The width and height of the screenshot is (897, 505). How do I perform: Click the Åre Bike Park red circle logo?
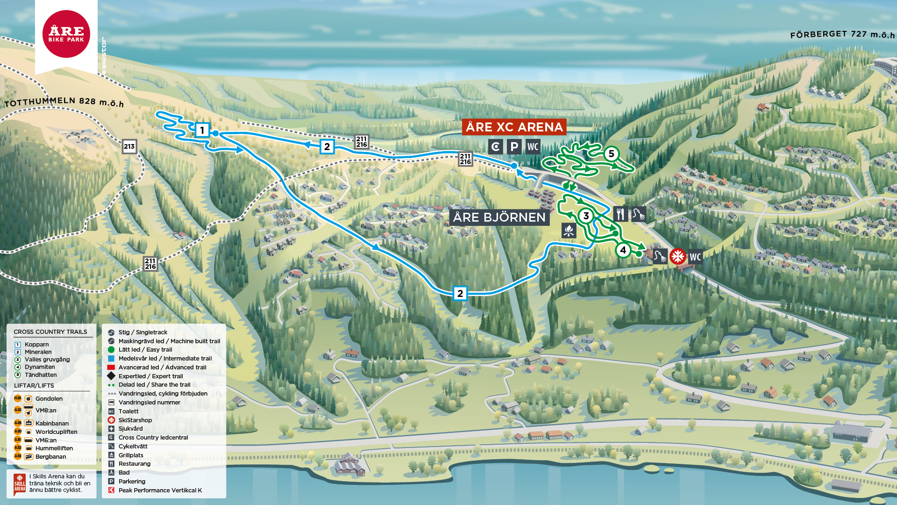coord(66,34)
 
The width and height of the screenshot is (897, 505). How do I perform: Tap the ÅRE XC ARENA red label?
coord(514,127)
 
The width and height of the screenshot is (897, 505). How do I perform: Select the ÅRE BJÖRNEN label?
coord(499,217)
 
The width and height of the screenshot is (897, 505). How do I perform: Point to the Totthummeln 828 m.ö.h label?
coord(64,101)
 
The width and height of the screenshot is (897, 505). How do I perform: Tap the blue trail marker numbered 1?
coord(202,130)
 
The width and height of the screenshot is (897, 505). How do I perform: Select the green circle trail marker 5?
coord(611,154)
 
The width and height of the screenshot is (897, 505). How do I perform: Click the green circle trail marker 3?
coord(586,216)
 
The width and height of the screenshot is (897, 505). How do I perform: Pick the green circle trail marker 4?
coord(623,250)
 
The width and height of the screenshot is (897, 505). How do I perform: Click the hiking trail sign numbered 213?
coord(129,146)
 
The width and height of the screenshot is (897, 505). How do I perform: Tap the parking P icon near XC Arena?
coord(514,147)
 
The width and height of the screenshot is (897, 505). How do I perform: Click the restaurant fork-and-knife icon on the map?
coord(620,214)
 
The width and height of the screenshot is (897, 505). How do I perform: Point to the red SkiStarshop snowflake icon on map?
coord(677,256)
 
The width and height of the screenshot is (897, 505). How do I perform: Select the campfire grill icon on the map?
coord(569,231)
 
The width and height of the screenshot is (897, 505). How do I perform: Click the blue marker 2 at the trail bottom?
coord(460,293)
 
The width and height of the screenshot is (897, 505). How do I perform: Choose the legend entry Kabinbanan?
coord(52,423)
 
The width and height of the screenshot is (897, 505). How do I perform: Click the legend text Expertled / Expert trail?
coord(150,376)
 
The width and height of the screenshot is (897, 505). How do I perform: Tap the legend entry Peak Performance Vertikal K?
coord(160,490)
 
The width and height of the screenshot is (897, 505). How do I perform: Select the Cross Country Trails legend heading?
coord(50,332)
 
